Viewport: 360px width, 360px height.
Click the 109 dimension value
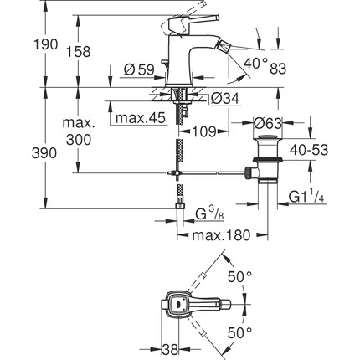(205, 131)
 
